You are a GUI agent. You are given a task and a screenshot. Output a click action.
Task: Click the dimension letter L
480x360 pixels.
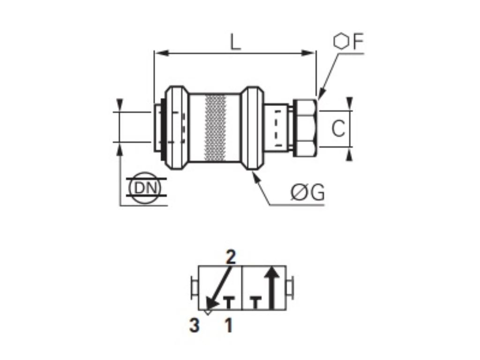pos(235,43)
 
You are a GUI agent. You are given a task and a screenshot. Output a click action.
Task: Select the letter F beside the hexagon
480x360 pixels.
pos(358,42)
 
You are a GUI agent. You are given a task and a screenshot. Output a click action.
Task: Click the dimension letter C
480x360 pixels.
pos(337,128)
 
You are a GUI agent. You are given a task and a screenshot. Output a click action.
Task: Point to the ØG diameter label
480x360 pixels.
pos(307,193)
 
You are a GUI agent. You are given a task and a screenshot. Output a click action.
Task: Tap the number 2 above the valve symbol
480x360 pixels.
pos(231,257)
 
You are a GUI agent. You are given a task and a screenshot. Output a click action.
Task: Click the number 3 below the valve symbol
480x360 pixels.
pos(195,325)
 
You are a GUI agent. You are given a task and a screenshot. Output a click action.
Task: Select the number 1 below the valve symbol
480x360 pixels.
pos(228,325)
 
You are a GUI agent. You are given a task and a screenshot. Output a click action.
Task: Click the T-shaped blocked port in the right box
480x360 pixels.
pos(255,302)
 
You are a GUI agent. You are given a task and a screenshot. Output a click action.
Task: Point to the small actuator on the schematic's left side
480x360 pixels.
pos(194,287)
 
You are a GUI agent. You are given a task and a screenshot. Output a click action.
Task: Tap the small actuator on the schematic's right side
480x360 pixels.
pos(290,287)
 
